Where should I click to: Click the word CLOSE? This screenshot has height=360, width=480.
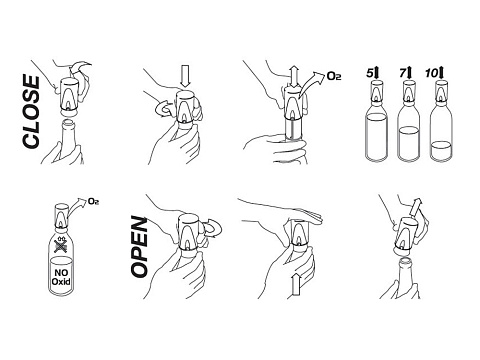point(31,112)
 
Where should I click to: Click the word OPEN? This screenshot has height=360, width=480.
point(139,247)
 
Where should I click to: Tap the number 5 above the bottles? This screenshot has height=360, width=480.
point(369,73)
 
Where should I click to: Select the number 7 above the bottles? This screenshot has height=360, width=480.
point(403,73)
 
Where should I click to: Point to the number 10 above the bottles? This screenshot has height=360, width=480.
point(431,73)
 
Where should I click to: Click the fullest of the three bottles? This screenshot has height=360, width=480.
point(376,133)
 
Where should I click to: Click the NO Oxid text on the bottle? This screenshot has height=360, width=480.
point(61,277)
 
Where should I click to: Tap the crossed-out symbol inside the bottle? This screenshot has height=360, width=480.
point(61,246)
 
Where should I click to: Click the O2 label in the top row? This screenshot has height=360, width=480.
point(334,76)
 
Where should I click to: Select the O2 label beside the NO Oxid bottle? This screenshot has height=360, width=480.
point(94,202)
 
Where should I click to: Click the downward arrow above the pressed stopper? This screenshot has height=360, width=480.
point(184,76)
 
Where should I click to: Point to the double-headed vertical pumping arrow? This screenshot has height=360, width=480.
point(294,77)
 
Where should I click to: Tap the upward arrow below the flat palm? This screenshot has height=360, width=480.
point(295,284)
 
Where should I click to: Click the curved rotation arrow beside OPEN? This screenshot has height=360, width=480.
point(212,229)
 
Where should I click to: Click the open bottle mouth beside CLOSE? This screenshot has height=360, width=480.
point(69,122)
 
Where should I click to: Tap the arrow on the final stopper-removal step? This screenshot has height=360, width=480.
point(416,206)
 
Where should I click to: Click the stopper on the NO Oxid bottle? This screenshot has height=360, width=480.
point(61,217)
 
